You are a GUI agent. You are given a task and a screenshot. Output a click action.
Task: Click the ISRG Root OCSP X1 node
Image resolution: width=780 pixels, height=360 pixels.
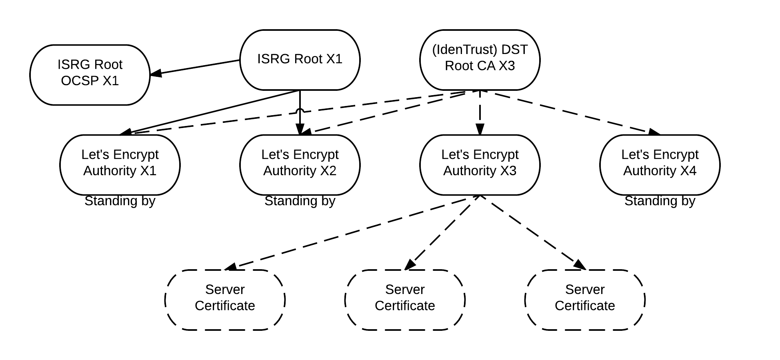pyautogui.click(x=90, y=75)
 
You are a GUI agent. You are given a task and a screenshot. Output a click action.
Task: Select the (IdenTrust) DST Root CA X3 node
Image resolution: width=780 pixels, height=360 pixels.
pyautogui.click(x=480, y=60)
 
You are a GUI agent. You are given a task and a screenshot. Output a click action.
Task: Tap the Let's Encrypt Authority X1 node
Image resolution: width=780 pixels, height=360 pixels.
pyautogui.click(x=120, y=165)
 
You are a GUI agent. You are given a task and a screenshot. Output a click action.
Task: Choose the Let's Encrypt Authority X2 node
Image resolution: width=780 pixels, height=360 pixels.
pyautogui.click(x=300, y=165)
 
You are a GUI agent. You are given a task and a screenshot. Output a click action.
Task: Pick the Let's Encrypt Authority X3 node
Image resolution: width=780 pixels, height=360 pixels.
pyautogui.click(x=480, y=165)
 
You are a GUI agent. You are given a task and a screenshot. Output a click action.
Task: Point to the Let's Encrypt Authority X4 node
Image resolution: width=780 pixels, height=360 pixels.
pyautogui.click(x=660, y=165)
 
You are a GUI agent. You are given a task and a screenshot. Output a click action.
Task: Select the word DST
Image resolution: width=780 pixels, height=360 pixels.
pyautogui.click(x=514, y=50)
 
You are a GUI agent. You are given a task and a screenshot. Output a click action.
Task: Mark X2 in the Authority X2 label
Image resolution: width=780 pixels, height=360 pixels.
pyautogui.click(x=328, y=171)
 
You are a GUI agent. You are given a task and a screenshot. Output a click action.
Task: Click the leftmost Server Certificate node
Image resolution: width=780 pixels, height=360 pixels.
pyautogui.click(x=225, y=300)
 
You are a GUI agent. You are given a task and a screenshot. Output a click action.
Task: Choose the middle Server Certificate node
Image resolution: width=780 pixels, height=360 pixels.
pyautogui.click(x=405, y=300)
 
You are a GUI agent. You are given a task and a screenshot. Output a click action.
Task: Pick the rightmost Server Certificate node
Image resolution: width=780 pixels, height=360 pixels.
pyautogui.click(x=585, y=300)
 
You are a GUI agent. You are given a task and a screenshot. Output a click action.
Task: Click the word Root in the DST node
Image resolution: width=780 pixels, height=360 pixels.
pyautogui.click(x=459, y=66)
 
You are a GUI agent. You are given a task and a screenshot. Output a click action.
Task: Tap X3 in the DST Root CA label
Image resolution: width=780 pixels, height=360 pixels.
pyautogui.click(x=507, y=66)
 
